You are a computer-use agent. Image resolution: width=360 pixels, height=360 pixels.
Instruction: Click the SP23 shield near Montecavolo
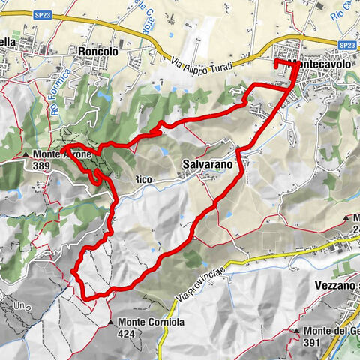click(x=346, y=45)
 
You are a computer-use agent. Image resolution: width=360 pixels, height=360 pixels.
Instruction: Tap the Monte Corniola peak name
click(x=151, y=322)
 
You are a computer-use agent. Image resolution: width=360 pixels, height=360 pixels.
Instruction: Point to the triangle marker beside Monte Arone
click(x=26, y=154)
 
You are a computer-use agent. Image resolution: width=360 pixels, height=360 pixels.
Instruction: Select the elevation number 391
click(x=315, y=342)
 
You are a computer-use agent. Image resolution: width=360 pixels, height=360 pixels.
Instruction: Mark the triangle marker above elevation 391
click(x=298, y=331)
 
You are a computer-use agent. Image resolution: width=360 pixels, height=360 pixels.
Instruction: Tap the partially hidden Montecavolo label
click(x=324, y=65)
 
